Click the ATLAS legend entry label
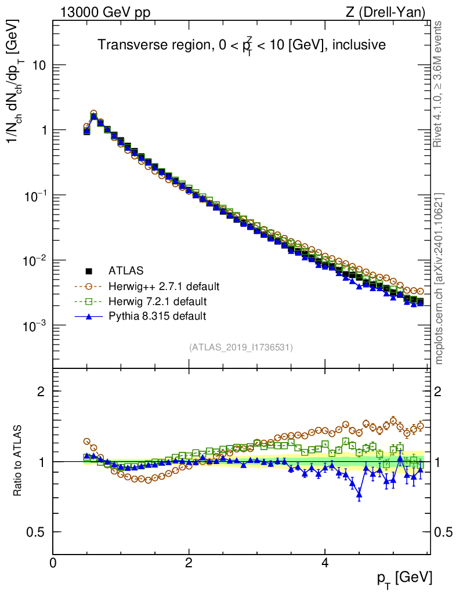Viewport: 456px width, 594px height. (x=126, y=270)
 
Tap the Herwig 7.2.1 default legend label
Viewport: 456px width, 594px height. (x=158, y=301)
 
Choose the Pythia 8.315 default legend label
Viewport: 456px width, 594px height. (x=157, y=316)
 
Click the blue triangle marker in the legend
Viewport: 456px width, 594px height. (x=89, y=316)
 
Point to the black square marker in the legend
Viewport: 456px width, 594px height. (x=89, y=270)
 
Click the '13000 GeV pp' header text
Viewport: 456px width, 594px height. (x=105, y=12)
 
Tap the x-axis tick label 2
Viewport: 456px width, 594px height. (x=189, y=563)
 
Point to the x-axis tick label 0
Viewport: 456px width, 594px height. (x=53, y=563)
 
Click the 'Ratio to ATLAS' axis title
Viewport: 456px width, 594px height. (x=19, y=461)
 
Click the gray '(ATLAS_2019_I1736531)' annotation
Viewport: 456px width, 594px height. (x=241, y=347)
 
